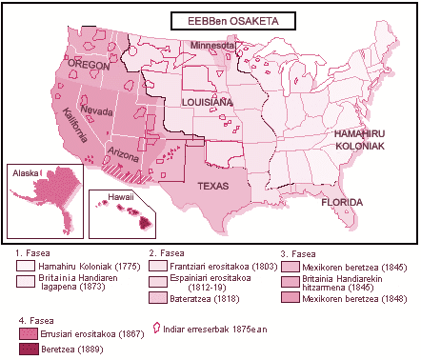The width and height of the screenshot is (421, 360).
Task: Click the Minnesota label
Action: point(211,46)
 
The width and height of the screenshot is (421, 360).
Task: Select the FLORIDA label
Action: point(341,203)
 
